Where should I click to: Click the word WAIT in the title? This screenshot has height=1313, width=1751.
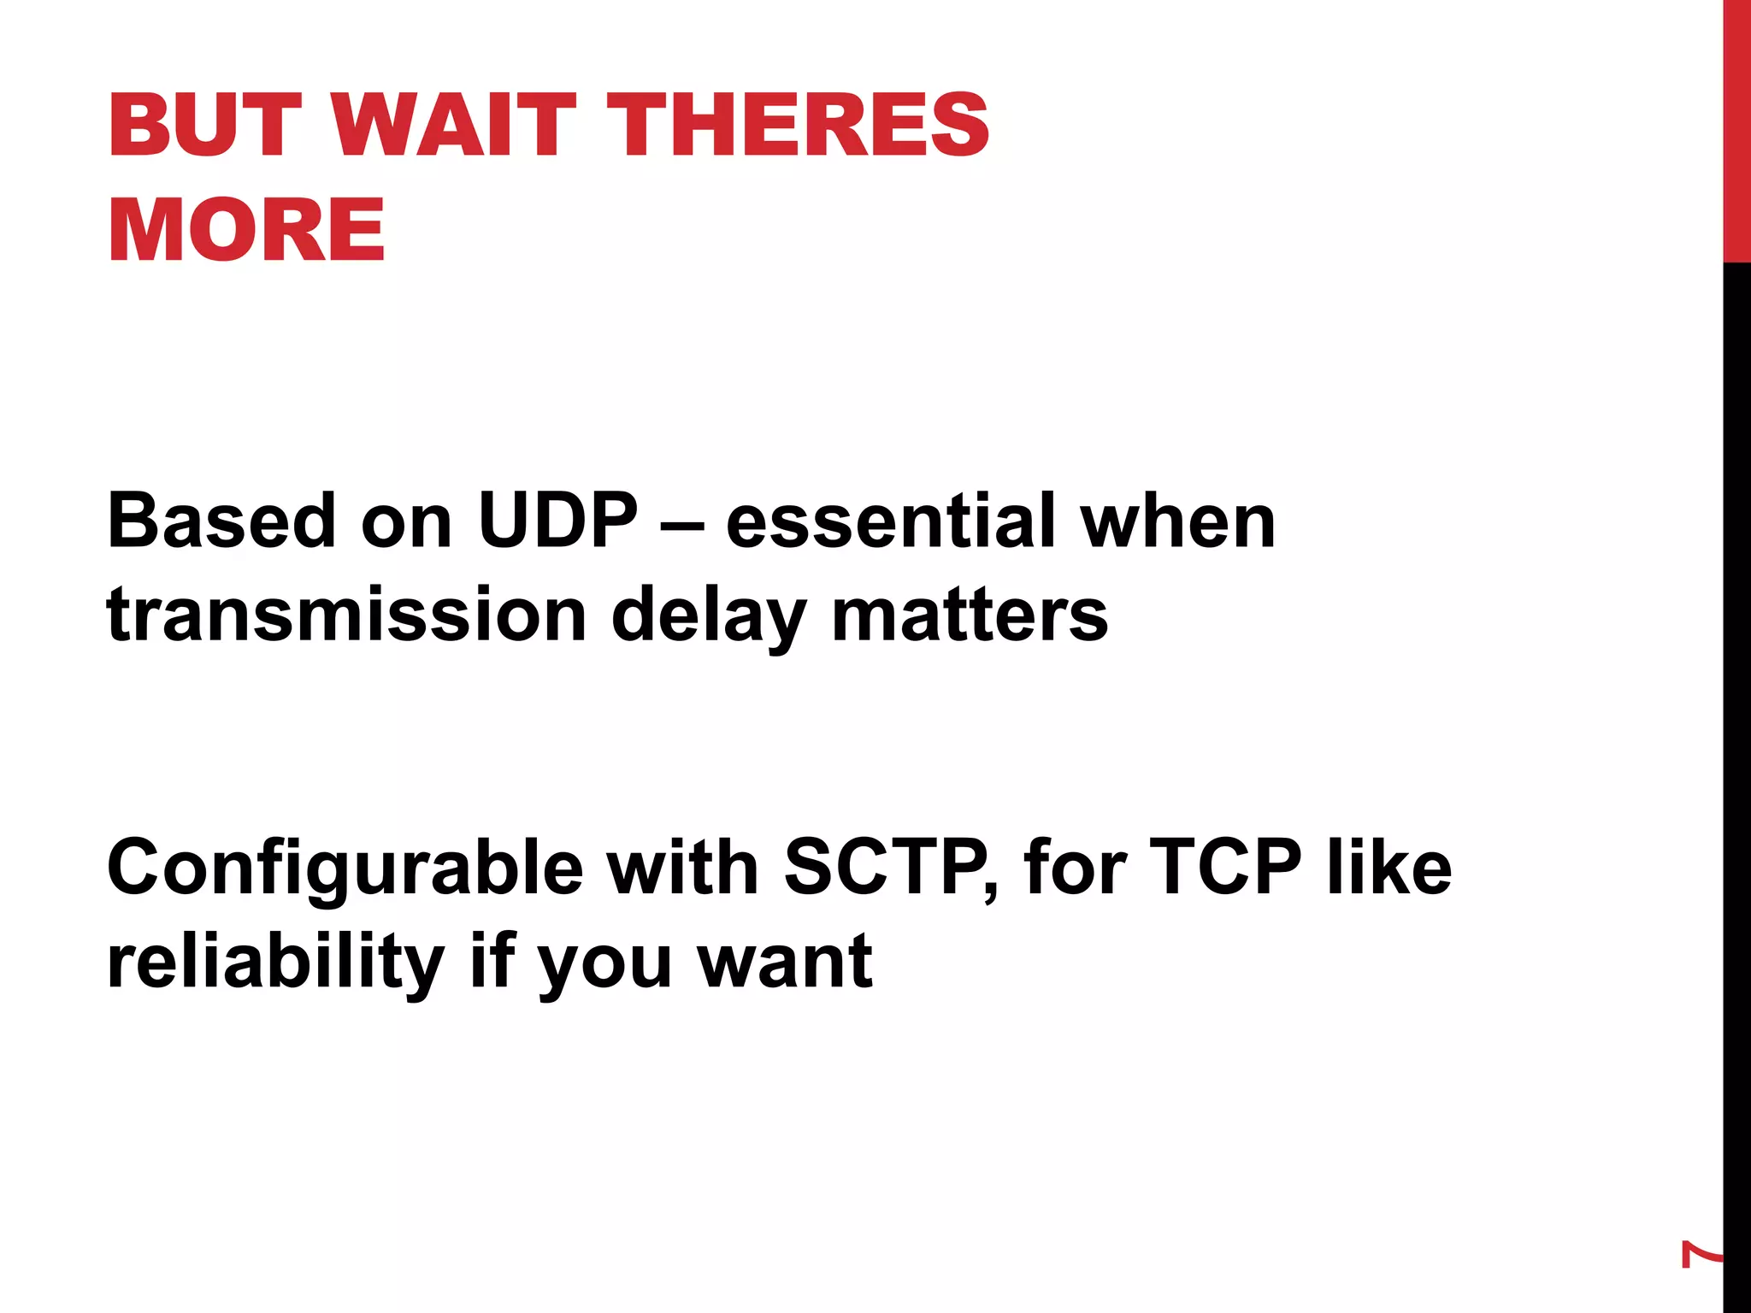pos(453,126)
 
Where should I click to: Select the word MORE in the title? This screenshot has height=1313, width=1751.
pos(246,230)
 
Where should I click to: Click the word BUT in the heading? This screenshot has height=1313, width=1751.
pos(205,126)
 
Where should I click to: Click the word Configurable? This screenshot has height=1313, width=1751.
pos(345,868)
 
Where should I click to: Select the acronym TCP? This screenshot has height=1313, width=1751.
pos(1224,867)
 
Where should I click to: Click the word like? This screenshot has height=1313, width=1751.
pos(1388,867)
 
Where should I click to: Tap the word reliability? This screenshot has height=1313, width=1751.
pos(275,963)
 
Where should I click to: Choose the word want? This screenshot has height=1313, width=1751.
pos(785,963)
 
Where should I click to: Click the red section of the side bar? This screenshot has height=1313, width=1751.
pos(1736,128)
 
